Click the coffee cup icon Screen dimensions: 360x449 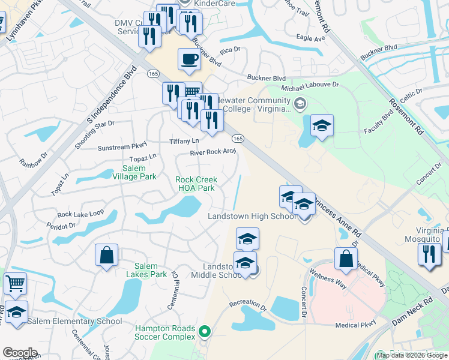pos(190,59)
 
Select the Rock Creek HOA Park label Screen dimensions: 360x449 pos(195,184)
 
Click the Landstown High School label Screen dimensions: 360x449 pos(252,216)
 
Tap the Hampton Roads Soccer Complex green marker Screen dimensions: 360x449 pos(205,331)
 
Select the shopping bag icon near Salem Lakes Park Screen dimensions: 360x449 pos(106,254)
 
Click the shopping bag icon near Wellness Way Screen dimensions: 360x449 pos(346,258)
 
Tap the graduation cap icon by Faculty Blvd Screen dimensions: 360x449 pos(322,125)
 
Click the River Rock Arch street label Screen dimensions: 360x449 pos(213,152)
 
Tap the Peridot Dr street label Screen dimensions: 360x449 pos(61,226)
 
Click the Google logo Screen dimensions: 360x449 pos(20,353)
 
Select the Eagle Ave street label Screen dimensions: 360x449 pos(310,38)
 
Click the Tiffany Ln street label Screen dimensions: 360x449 pos(184,141)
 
